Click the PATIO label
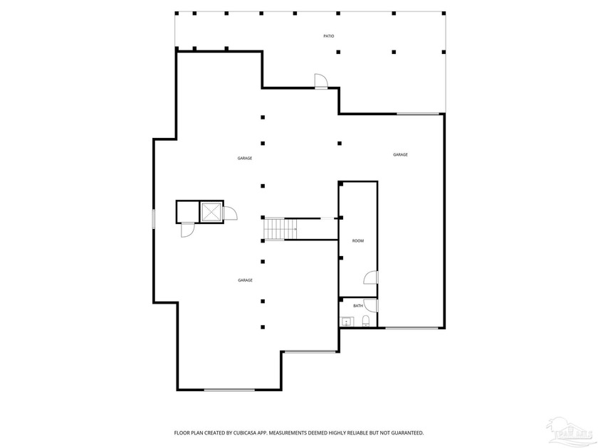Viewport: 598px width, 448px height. click(x=329, y=36)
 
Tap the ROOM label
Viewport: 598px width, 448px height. click(x=358, y=241)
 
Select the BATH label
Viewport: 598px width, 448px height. click(x=357, y=306)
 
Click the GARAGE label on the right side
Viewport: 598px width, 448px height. click(x=400, y=154)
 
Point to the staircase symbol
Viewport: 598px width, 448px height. click(x=280, y=229)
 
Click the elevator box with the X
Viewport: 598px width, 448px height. click(x=211, y=212)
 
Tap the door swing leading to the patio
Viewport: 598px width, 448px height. click(x=321, y=82)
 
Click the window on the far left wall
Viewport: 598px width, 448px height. click(x=154, y=218)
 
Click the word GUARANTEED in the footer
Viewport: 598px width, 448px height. click(x=405, y=432)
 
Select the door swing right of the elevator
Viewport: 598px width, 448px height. click(x=231, y=213)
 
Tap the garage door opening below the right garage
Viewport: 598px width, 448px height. click(x=411, y=328)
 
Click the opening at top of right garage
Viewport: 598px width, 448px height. click(x=418, y=114)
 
